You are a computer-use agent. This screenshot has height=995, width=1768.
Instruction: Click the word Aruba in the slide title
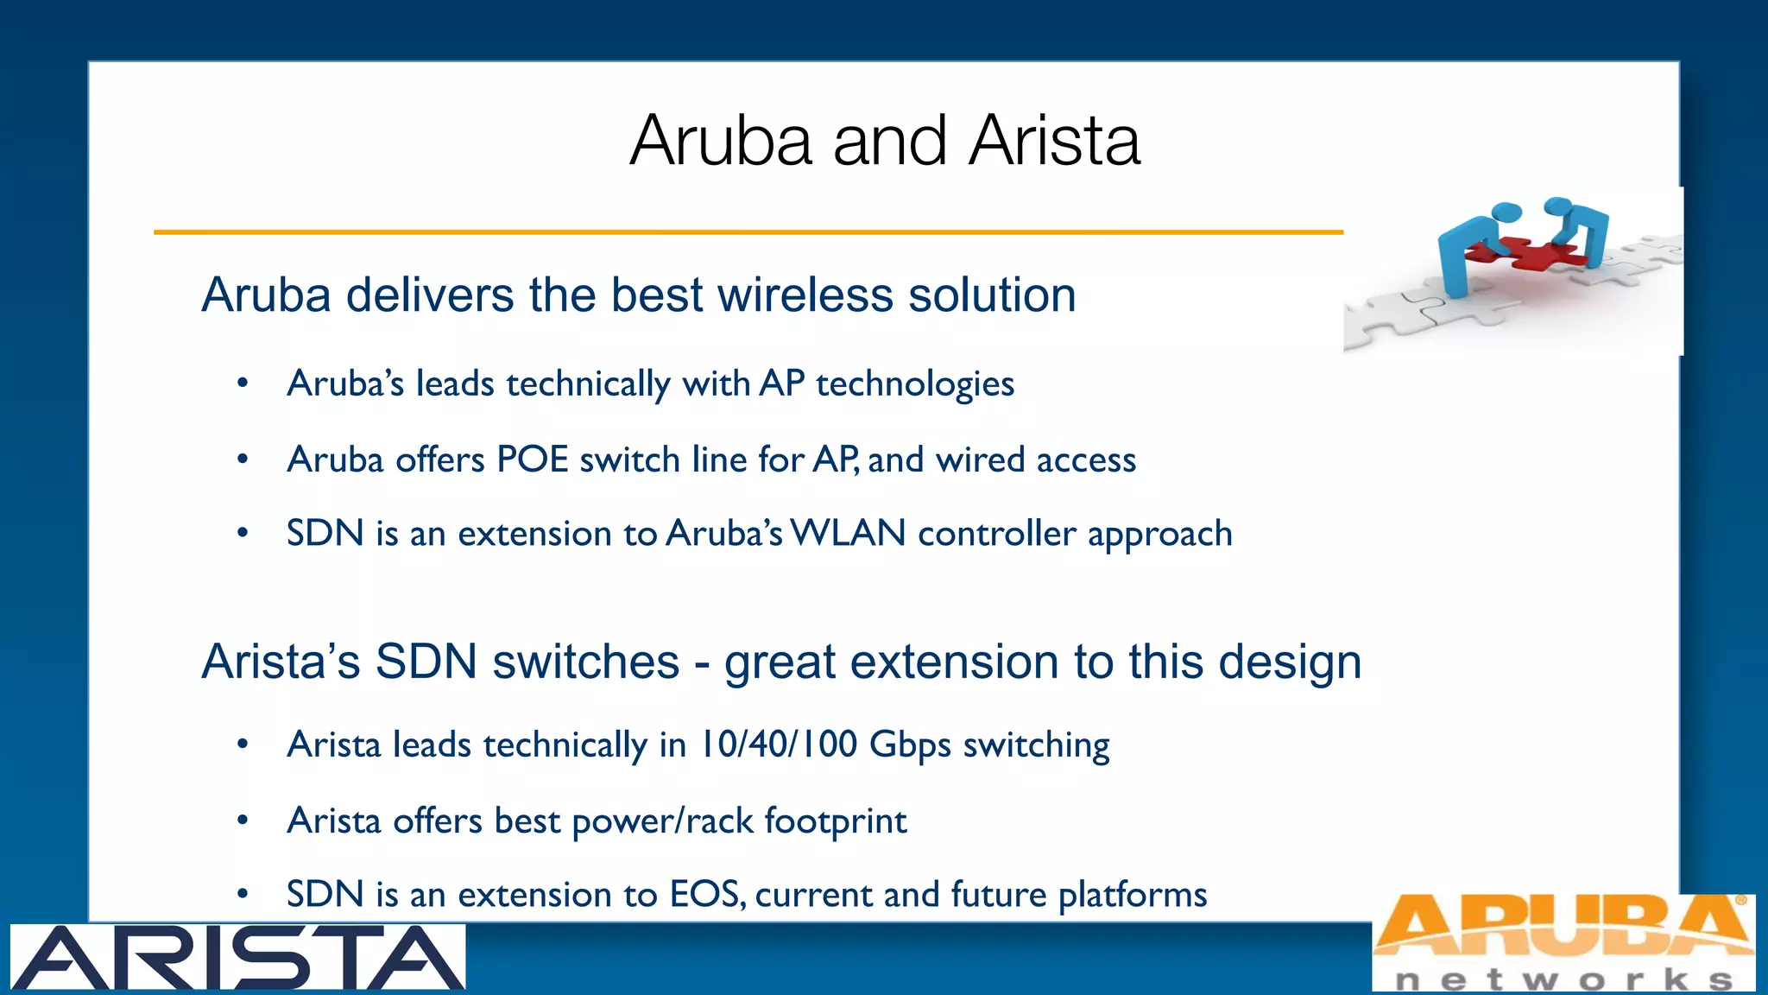click(x=721, y=140)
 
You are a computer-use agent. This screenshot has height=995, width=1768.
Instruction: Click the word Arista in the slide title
click(x=1054, y=140)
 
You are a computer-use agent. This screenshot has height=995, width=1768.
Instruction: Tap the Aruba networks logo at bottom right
click(x=1563, y=941)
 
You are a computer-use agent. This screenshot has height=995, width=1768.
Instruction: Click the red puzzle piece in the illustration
click(x=1528, y=251)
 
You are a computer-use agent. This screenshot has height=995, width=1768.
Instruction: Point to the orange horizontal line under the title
click(x=748, y=231)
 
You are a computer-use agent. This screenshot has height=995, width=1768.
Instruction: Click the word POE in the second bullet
click(x=532, y=459)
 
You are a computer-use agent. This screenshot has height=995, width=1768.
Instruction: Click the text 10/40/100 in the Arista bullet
click(x=777, y=745)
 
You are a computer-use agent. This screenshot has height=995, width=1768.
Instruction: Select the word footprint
click(x=835, y=821)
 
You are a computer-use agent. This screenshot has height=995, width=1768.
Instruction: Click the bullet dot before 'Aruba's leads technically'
click(x=243, y=383)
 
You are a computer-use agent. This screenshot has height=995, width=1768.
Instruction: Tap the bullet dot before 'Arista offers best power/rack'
click(x=243, y=820)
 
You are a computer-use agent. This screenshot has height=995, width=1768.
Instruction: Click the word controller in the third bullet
click(x=997, y=534)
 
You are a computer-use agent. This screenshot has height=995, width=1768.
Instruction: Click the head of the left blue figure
click(x=1506, y=212)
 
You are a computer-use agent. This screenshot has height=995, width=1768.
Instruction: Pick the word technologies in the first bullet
click(x=915, y=384)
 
